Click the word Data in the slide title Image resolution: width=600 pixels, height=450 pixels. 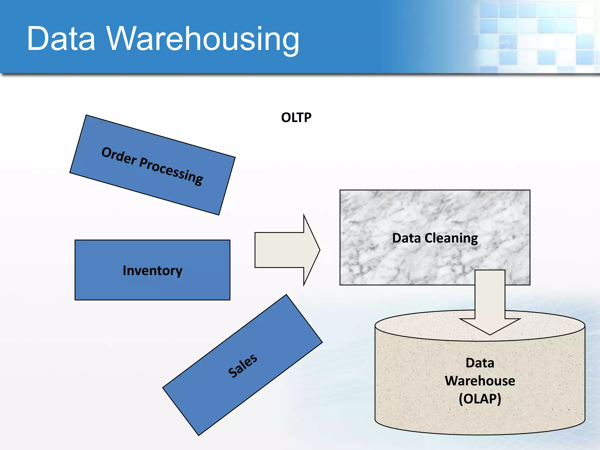coord(61,38)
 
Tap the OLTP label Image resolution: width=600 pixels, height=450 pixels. coord(296,117)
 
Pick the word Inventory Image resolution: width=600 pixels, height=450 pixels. coord(152,270)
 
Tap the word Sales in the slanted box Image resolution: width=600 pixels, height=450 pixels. coord(243,366)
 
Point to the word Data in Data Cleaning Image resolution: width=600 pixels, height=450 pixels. coord(406,238)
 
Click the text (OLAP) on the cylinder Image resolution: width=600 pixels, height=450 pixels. coord(480,399)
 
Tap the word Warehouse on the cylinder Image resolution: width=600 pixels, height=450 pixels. coord(480,381)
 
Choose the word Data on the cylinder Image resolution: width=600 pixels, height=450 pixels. coord(480,363)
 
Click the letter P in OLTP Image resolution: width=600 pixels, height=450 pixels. coord(307,117)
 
